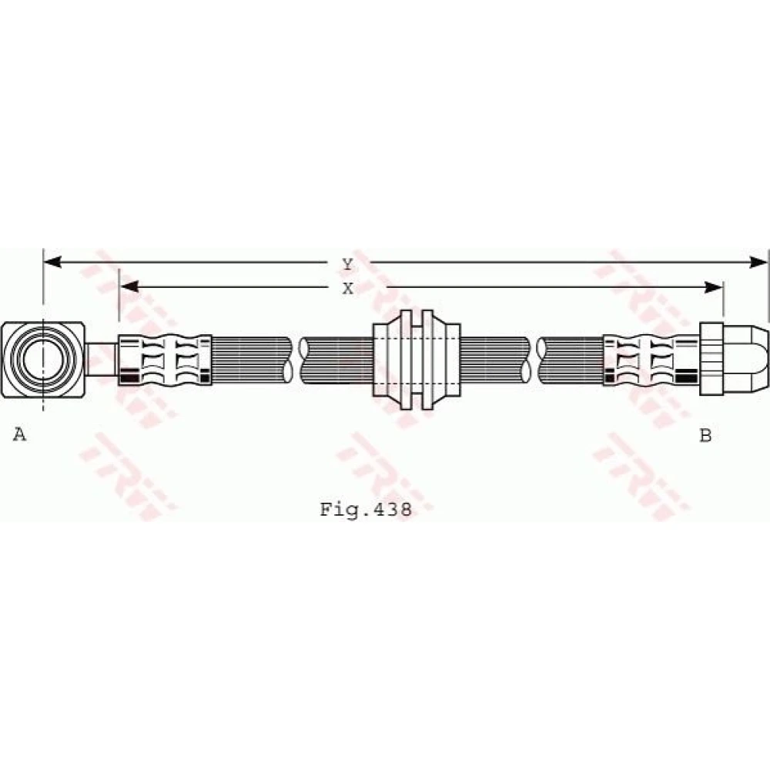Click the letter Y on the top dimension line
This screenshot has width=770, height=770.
[348, 265]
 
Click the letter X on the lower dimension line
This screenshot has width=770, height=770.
[348, 289]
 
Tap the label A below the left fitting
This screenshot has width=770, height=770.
[19, 434]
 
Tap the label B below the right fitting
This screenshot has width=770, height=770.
[705, 435]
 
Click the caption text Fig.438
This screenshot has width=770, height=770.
[366, 509]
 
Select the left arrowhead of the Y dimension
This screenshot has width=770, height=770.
[52, 263]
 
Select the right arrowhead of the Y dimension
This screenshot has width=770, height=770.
[758, 263]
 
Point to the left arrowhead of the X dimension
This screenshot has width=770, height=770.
[129, 286]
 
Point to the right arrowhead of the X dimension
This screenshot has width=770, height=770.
[714, 287]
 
